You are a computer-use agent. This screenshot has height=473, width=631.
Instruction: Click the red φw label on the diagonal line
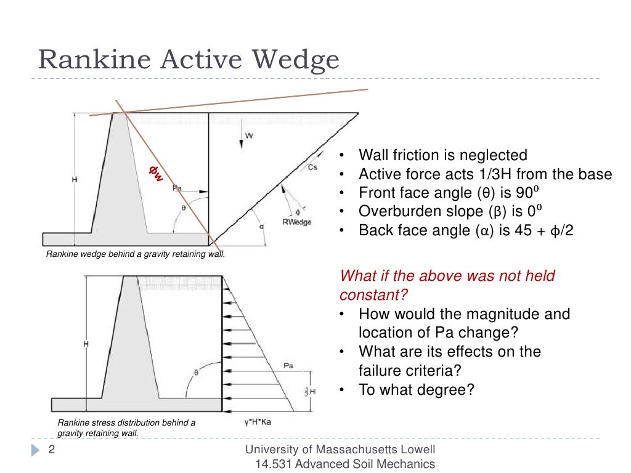(x=157, y=174)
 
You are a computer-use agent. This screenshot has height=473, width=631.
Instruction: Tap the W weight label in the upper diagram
(x=248, y=135)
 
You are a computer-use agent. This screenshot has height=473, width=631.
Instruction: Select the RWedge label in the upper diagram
(x=296, y=222)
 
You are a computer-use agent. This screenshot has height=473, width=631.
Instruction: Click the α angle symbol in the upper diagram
(x=262, y=226)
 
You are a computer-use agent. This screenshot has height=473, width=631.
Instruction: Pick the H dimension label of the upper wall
(x=74, y=179)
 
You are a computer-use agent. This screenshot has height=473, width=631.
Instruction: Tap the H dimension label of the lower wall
(x=86, y=344)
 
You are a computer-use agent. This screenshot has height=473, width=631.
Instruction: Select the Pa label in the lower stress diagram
(x=288, y=365)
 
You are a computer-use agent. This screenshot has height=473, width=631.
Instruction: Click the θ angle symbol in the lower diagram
(x=197, y=372)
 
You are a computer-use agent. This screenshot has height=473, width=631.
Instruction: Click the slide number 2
(x=52, y=450)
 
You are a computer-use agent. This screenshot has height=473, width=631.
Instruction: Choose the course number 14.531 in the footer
(x=277, y=464)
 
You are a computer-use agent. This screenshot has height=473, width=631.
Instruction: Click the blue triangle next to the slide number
(x=36, y=451)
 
